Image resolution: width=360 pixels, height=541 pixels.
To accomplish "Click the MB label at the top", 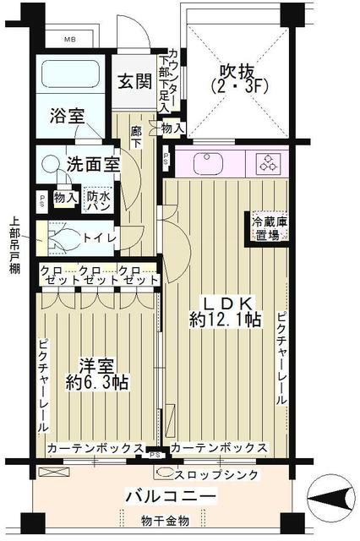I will [75, 39].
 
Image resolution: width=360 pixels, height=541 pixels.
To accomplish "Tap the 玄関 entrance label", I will [134, 82].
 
